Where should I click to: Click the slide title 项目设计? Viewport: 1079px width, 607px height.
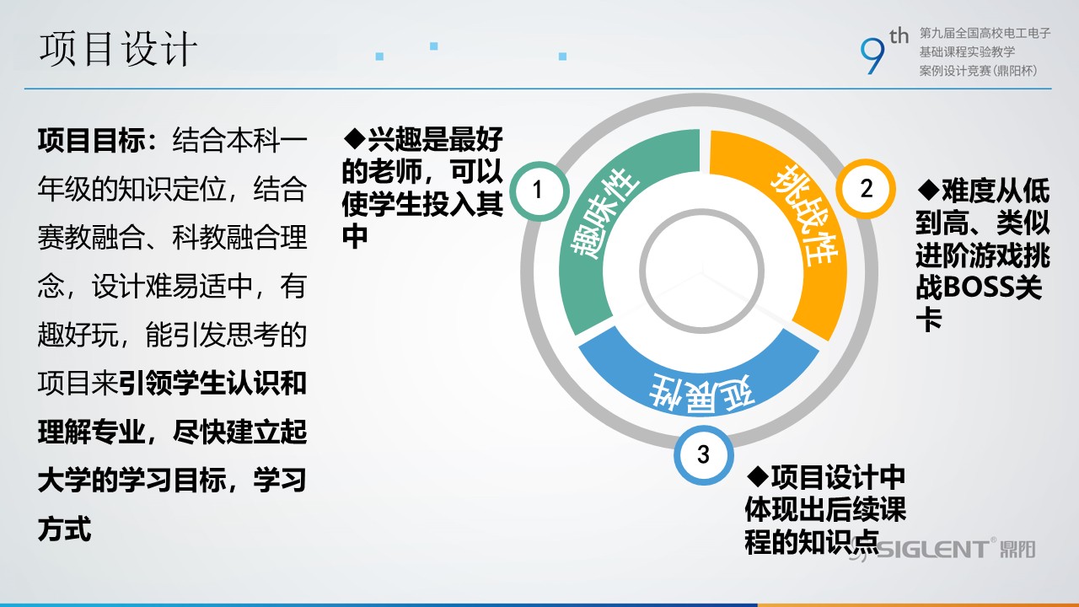pyautogui.click(x=118, y=49)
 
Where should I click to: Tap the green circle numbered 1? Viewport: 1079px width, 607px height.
pyautogui.click(x=539, y=191)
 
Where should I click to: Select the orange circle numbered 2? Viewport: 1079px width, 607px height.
pyautogui.click(x=866, y=189)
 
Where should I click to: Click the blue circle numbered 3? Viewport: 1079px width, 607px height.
pyautogui.click(x=703, y=454)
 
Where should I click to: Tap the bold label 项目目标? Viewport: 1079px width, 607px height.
pyautogui.click(x=92, y=141)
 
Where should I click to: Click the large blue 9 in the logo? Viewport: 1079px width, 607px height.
pyautogui.click(x=872, y=56)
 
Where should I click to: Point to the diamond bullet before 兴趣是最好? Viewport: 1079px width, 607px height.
pyautogui.click(x=355, y=138)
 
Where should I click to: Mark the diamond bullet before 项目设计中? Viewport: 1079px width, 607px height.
pyautogui.click(x=758, y=476)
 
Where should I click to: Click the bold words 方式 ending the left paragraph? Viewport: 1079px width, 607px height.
pyautogui.click(x=65, y=529)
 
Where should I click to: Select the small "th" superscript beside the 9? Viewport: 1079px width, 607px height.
pyautogui.click(x=899, y=36)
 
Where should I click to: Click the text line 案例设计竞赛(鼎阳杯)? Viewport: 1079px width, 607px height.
pyautogui.click(x=979, y=71)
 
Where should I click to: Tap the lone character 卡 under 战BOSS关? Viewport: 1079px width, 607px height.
pyautogui.click(x=929, y=320)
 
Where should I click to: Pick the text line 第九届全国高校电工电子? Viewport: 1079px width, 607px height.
pyautogui.click(x=985, y=33)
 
